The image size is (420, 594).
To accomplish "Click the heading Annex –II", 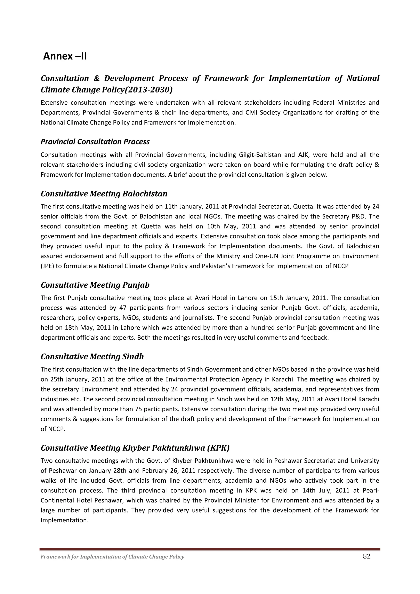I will coord(65,56).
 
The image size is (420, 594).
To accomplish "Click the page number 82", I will coord(367,556).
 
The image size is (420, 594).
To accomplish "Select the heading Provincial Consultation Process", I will coord(95,142).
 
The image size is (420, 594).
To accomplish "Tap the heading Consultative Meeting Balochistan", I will coord(104,193).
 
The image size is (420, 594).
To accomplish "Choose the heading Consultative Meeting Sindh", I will coord(92,357).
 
